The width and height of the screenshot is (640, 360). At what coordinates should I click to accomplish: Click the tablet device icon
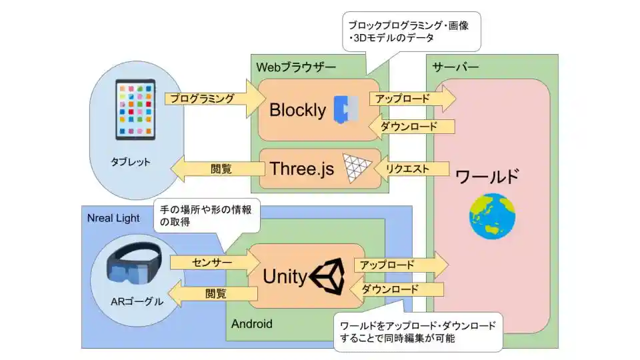(x=135, y=109)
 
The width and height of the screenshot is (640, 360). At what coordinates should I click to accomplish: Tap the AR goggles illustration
(x=134, y=267)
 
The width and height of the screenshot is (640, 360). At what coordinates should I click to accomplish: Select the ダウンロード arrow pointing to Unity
(x=399, y=289)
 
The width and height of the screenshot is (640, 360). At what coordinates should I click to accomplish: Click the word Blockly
(x=297, y=110)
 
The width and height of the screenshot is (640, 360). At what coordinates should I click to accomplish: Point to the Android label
(x=251, y=324)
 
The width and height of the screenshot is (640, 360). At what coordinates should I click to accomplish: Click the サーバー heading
(x=455, y=67)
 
